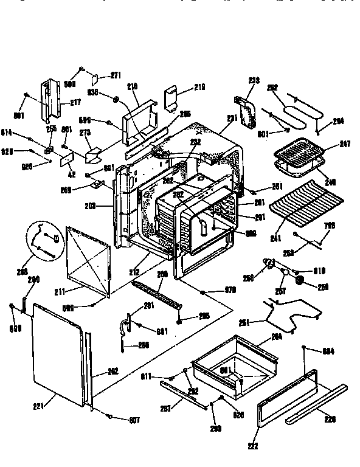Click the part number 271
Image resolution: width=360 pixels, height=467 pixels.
pos(116,75)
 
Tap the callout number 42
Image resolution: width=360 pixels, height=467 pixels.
pos(72,174)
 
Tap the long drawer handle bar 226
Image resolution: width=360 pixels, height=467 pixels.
pos(316,404)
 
